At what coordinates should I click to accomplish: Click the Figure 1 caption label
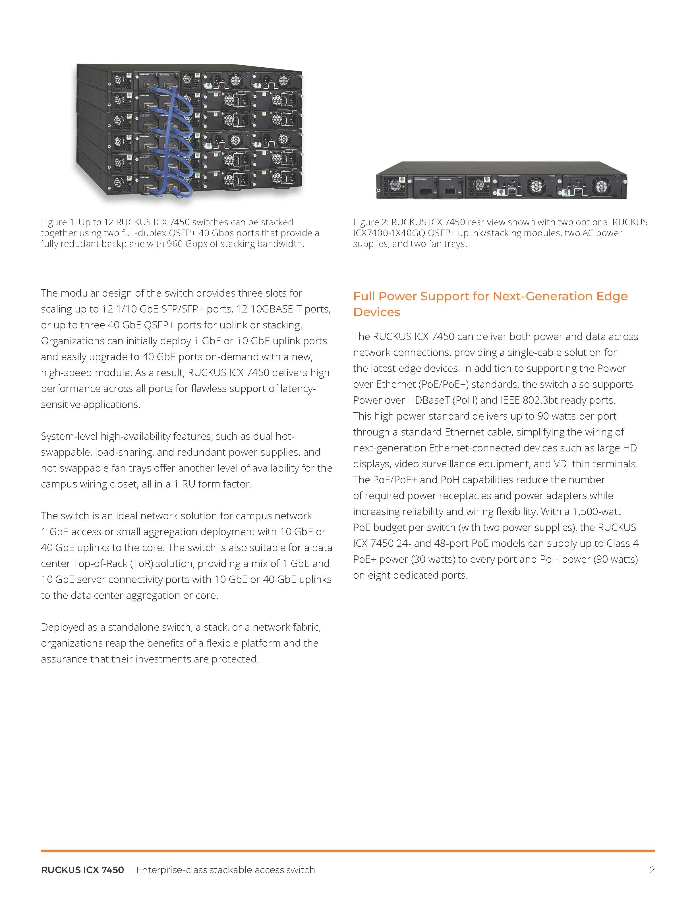pos(58,222)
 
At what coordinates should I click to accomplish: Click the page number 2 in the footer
pos(652,870)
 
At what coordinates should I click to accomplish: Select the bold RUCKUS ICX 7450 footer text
pos(82,870)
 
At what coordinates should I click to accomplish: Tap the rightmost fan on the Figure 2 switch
pos(600,187)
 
